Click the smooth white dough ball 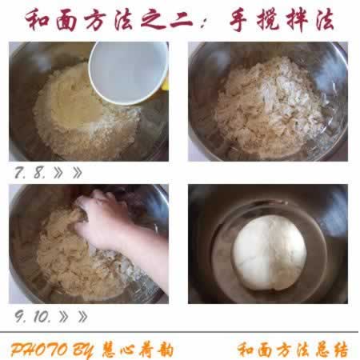coord(269,252)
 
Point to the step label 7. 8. coord(31,171)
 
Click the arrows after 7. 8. coord(68,171)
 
